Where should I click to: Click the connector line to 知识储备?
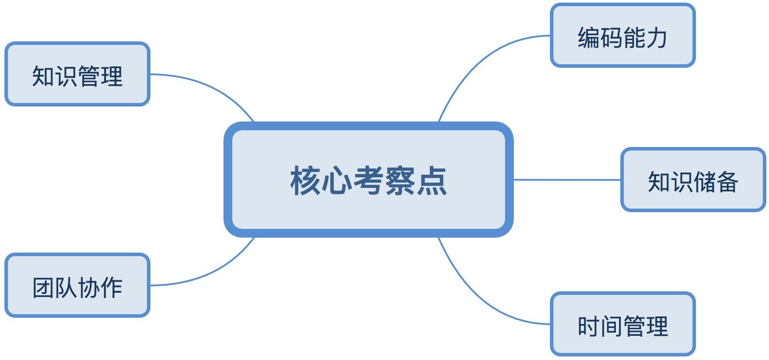coord(568,180)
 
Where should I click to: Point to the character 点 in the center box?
coord(432,180)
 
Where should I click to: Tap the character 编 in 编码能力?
coord(589,37)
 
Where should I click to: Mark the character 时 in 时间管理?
coord(589,326)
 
